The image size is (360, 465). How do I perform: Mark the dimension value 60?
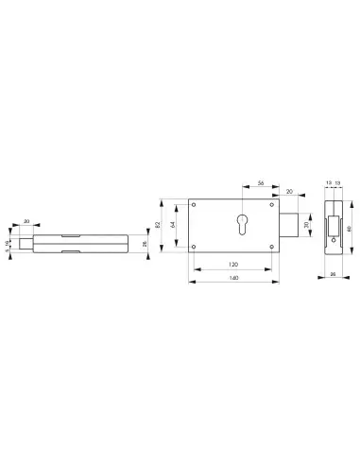click(351, 228)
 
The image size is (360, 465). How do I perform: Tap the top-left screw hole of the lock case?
click(195, 205)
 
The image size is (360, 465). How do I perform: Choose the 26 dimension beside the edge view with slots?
click(145, 245)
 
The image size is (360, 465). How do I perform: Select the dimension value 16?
click(10, 244)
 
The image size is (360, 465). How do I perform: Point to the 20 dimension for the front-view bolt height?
click(305, 227)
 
